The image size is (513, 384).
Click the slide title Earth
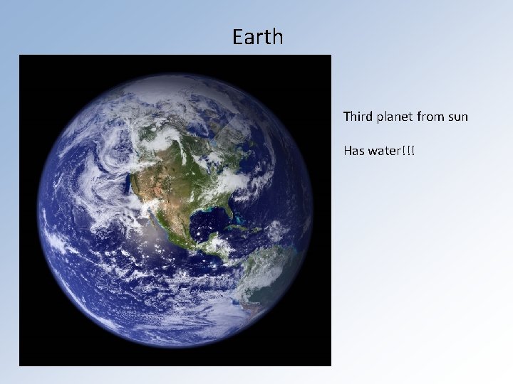click(257, 37)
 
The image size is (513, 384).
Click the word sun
click(459, 116)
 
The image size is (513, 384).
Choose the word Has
click(354, 151)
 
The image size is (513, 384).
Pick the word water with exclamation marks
click(391, 151)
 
